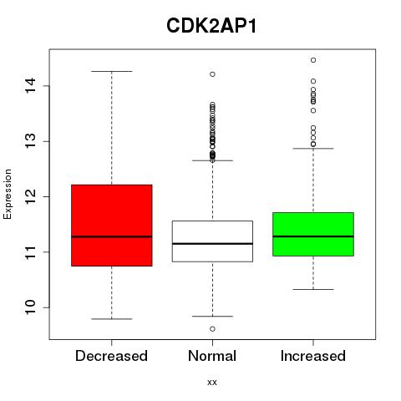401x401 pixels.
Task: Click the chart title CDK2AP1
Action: click(211, 26)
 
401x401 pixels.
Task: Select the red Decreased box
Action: click(112, 226)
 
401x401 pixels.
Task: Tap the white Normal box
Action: click(212, 241)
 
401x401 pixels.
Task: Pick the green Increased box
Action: click(313, 234)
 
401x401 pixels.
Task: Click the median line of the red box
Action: click(112, 236)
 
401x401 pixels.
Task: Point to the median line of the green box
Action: click(313, 236)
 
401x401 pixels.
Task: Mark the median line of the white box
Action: click(212, 244)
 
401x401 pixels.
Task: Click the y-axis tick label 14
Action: click(31, 86)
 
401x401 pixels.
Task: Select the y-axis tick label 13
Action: click(31, 141)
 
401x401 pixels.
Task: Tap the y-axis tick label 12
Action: click(31, 196)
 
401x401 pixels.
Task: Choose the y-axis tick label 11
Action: click(31, 252)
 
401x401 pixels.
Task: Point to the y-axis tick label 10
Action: click(31, 307)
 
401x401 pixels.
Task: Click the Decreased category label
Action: click(111, 356)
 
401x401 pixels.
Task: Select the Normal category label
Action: click(212, 356)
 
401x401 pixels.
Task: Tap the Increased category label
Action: click(313, 356)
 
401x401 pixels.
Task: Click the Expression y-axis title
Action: click(8, 194)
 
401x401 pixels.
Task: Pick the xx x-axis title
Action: click(212, 383)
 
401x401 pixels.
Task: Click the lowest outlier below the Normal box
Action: click(212, 329)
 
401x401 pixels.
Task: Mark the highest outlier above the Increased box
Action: click(313, 60)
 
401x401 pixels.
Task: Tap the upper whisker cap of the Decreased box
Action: click(112, 71)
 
